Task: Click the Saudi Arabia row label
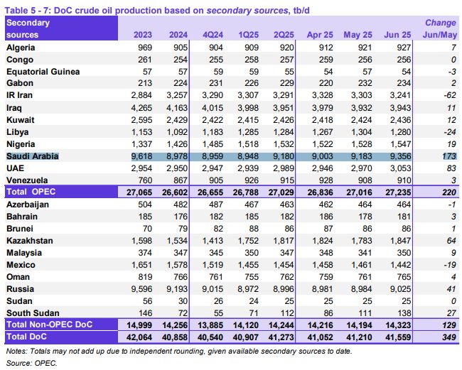coord(33,156)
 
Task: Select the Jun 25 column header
coord(397,35)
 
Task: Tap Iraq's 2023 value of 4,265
coord(141,108)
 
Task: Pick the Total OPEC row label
coord(31,192)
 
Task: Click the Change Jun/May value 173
coord(449,156)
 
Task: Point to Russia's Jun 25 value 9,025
coord(400,289)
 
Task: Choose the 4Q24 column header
coord(213,35)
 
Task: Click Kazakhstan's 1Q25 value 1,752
coord(248,241)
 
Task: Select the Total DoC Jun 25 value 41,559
coord(398,337)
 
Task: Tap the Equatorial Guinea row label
coord(43,72)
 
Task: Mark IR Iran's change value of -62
coord(450,95)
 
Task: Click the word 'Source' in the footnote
coord(19,363)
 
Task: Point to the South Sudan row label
coord(33,313)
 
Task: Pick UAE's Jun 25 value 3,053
coord(400,168)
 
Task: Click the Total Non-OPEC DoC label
coord(50,325)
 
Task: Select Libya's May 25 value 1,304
coord(362,132)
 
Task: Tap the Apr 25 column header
coord(320,35)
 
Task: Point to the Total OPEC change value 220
coord(449,192)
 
